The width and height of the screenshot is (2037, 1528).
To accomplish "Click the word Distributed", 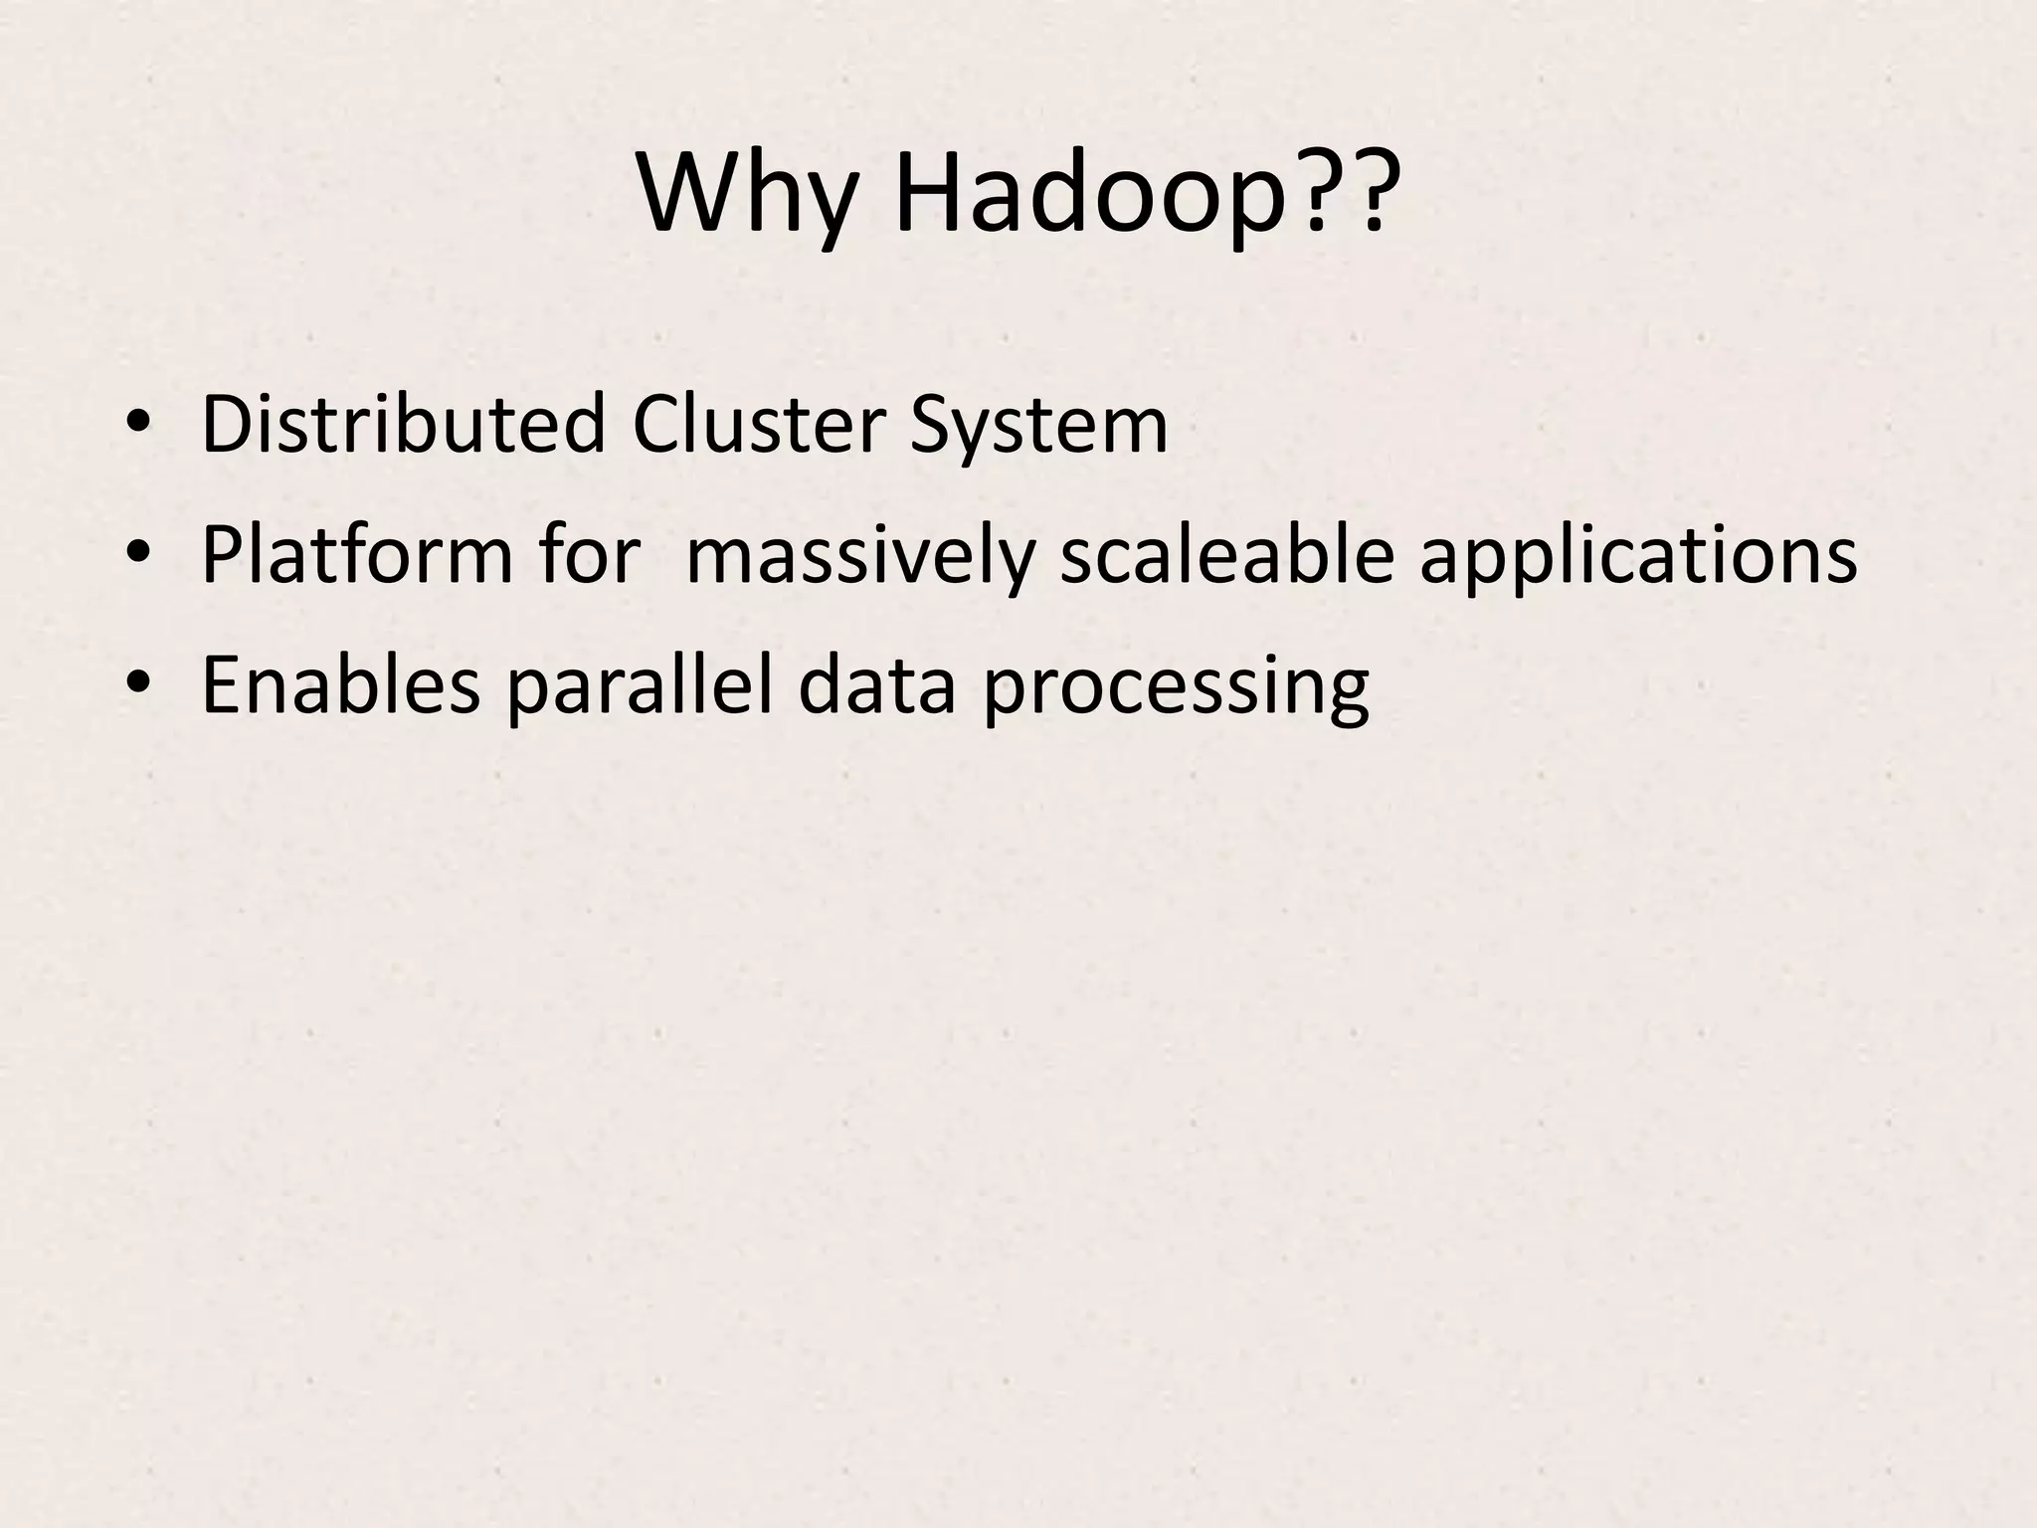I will (x=403, y=425).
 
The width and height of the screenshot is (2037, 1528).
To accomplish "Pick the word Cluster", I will (x=758, y=425).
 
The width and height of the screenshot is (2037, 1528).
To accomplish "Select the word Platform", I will (x=356, y=554).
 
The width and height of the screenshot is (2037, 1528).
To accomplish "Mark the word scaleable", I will (x=1227, y=554).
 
